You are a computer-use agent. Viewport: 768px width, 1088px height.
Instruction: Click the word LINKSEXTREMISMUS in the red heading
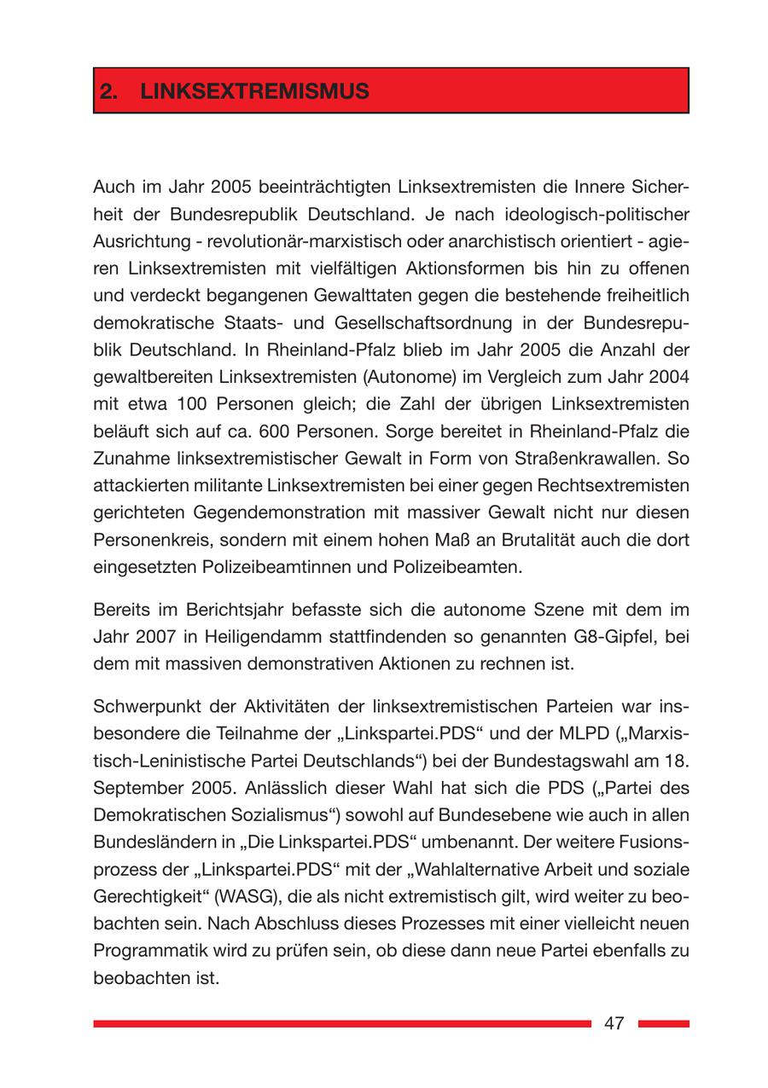click(254, 91)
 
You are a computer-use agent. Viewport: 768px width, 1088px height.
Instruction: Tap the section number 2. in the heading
click(108, 91)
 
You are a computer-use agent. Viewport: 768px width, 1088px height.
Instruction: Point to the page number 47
click(614, 1023)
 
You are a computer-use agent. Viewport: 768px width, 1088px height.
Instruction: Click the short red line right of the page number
click(663, 1023)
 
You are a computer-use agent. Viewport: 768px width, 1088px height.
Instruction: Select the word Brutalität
click(497, 541)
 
